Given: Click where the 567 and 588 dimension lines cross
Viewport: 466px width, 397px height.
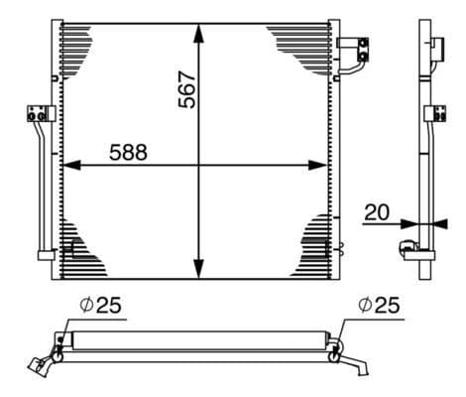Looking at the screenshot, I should tap(199, 165).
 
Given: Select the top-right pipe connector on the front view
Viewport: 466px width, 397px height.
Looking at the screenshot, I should tap(355, 46).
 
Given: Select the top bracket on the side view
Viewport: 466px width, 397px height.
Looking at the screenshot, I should tap(435, 44).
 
